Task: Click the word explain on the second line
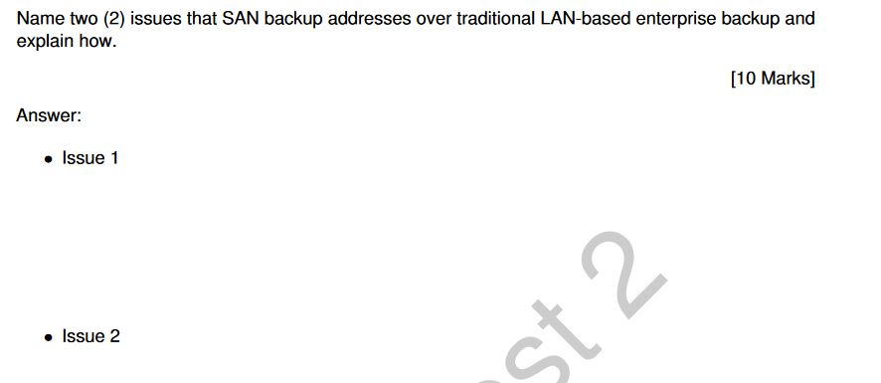pyautogui.click(x=45, y=43)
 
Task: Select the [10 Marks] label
pyautogui.click(x=772, y=79)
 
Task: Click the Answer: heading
pyautogui.click(x=49, y=115)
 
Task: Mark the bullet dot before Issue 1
pyautogui.click(x=49, y=159)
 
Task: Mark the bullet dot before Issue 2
pyautogui.click(x=49, y=337)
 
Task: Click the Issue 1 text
pyautogui.click(x=90, y=158)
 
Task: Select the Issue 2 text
pyautogui.click(x=90, y=336)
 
